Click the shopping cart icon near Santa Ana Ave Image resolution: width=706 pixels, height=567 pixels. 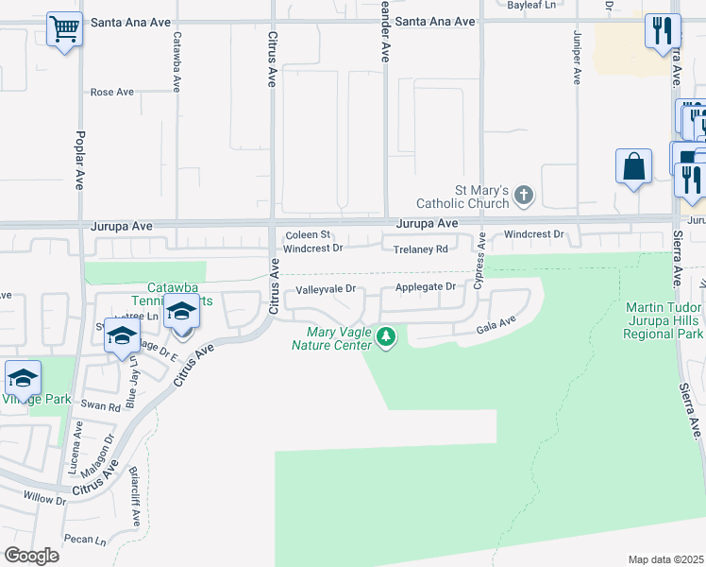coord(64,29)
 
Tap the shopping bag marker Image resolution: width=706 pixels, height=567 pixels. coord(633,166)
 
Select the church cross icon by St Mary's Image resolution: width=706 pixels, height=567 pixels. coord(524,197)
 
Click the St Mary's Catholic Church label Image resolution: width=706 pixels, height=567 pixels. coord(469,197)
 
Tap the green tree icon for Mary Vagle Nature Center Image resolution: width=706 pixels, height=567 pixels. coord(385,336)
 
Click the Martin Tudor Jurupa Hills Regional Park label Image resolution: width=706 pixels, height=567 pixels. coord(664,320)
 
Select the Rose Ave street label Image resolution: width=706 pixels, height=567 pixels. coord(112,93)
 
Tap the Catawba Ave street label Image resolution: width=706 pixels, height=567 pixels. coord(176,60)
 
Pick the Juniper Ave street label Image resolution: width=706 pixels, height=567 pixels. coord(576,57)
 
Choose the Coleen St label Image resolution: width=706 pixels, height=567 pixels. coord(307,234)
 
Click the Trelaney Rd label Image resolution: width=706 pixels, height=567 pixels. coord(420,249)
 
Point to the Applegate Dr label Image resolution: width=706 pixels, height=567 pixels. coord(425,286)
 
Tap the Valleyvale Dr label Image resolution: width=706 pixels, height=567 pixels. coord(325,290)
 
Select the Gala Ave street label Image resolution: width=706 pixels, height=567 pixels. coord(496,323)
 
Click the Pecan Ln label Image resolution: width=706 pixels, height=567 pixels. coord(86,540)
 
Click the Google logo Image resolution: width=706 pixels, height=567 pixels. coord(31,556)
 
